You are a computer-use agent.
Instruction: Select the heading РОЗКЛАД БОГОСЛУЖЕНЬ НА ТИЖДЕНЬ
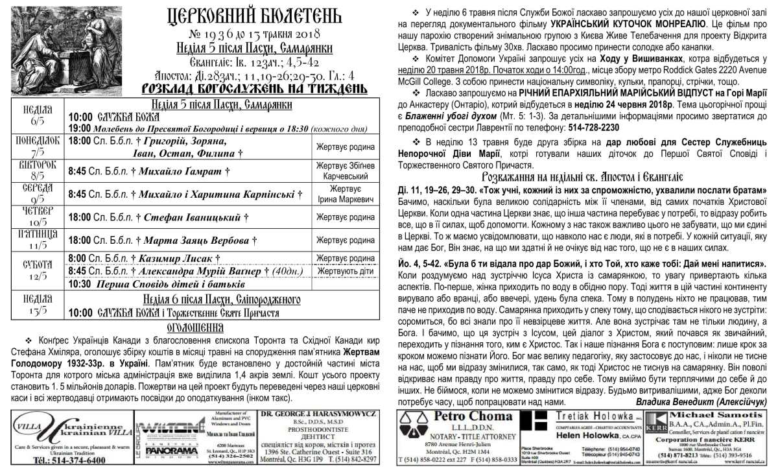pos(226,88)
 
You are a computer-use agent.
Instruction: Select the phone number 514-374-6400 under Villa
pos(69,460)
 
